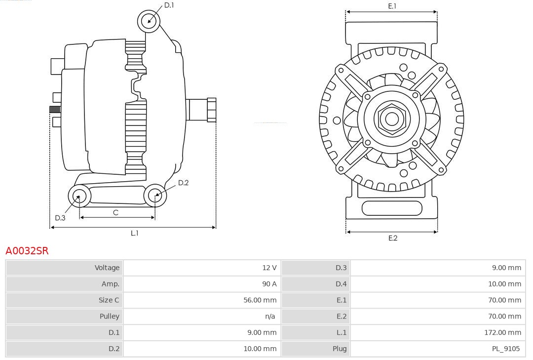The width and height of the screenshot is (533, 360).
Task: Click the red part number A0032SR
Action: pos(27,251)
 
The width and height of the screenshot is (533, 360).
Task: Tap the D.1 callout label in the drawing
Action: pos(169,5)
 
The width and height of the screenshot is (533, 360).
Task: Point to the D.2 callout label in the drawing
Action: pos(183,183)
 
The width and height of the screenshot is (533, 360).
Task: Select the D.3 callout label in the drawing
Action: pos(60,218)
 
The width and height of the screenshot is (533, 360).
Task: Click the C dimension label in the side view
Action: pos(115,212)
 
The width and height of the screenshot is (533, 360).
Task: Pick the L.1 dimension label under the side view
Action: pos(134,233)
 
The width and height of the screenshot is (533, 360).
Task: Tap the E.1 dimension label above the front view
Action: pos(392,6)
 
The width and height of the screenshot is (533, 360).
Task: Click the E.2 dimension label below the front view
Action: pos(392,238)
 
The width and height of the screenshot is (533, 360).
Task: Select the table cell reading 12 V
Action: pos(269,268)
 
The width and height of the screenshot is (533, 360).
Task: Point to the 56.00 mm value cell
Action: pos(260,300)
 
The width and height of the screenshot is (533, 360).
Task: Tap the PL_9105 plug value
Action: pos(506,349)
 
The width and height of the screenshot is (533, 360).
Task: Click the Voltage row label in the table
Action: pos(107,268)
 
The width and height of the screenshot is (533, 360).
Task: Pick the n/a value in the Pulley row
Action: pos(270,316)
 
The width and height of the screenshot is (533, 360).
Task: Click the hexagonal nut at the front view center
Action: pos(392,119)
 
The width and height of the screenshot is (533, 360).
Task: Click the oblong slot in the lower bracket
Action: pos(392,208)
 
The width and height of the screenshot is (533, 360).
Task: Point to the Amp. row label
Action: pos(111,284)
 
